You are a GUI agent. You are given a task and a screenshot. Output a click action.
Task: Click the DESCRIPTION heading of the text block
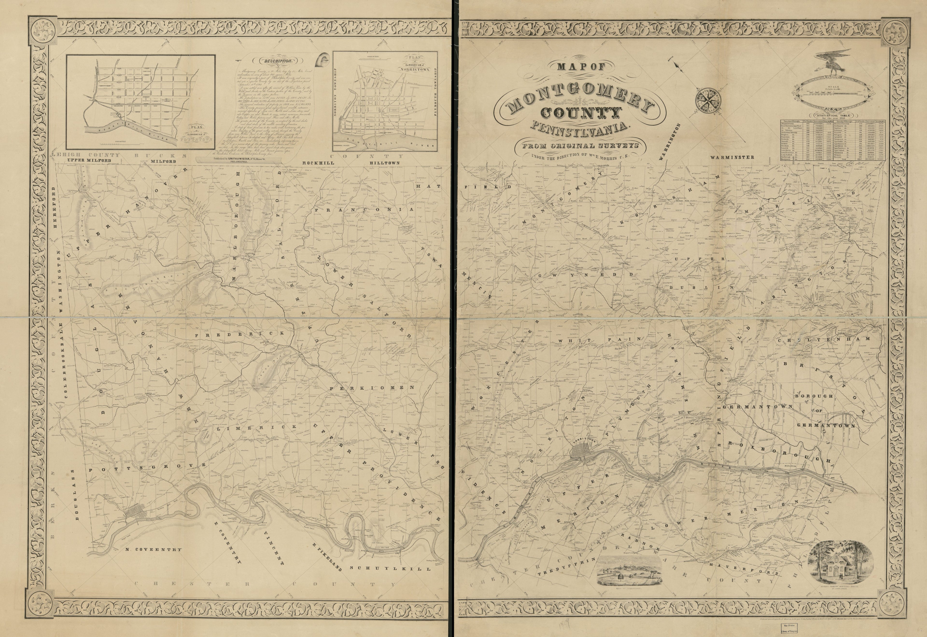(276, 61)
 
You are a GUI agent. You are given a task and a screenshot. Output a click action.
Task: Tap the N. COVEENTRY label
(153, 549)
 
